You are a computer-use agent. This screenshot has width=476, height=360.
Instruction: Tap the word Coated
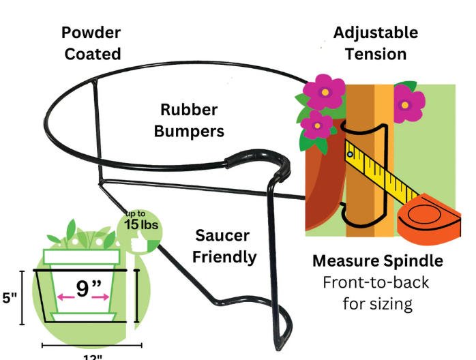92,53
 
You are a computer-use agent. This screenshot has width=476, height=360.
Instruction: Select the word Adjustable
375,33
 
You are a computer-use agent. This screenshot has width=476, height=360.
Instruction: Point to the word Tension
375,53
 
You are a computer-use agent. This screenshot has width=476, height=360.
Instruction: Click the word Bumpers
189,131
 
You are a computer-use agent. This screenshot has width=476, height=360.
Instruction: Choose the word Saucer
222,236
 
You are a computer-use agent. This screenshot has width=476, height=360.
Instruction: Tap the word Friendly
224,256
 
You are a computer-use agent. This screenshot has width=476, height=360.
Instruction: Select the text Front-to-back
376,282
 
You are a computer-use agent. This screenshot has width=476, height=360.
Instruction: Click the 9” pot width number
84,288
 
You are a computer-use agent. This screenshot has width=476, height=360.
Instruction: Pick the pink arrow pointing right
102,297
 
